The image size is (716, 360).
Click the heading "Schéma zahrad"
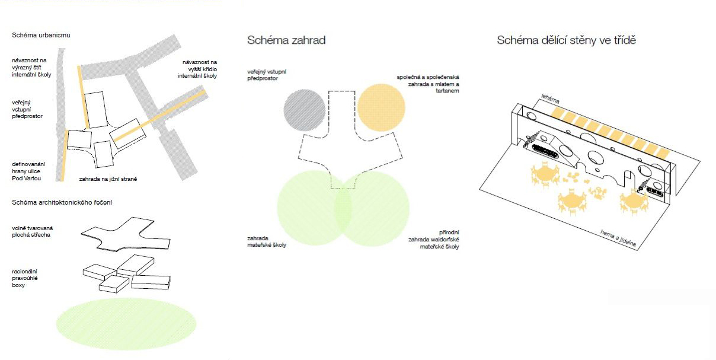click(x=286, y=40)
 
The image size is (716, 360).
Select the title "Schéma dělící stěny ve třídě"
click(x=566, y=40)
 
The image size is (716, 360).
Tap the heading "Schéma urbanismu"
click(x=41, y=35)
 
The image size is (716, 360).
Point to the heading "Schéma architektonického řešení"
click(x=62, y=202)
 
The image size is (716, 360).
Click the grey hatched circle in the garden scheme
click(x=304, y=110)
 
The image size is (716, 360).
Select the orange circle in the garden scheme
click(x=381, y=107)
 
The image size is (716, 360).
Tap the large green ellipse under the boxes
click(x=126, y=324)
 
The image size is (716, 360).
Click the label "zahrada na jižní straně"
click(x=108, y=179)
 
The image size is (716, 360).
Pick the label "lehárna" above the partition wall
click(x=550, y=99)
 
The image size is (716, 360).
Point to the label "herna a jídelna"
click(x=618, y=238)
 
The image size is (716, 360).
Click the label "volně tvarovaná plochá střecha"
click(x=32, y=231)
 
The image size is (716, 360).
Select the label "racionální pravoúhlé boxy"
click(x=25, y=278)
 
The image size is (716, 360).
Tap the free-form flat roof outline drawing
click(x=126, y=234)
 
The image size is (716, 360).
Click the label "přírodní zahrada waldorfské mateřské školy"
click(x=433, y=240)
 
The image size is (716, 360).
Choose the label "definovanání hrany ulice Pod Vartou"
click(x=28, y=171)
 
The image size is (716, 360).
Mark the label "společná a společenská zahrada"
click(x=428, y=84)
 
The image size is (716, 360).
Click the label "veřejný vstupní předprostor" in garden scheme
click(x=267, y=75)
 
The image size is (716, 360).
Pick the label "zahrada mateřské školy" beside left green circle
click(x=267, y=242)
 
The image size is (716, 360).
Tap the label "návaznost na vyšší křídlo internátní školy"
click(x=197, y=69)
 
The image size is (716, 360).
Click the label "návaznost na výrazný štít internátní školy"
click(x=31, y=68)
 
